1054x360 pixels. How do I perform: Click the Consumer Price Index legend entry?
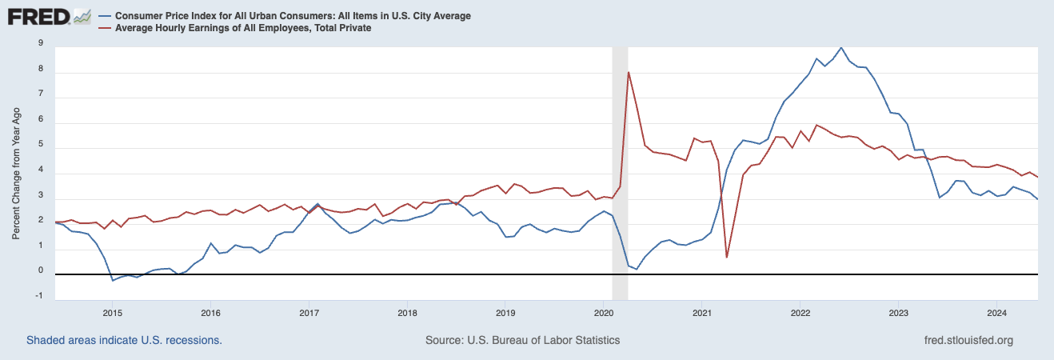point(293,16)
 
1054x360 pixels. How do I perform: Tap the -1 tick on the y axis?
point(39,296)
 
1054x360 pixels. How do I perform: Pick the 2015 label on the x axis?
point(112,312)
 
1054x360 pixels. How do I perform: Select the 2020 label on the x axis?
point(604,312)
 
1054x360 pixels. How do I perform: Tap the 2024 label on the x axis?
point(996,312)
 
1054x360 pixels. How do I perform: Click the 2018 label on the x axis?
point(407,312)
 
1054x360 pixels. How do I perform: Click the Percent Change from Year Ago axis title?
point(17,172)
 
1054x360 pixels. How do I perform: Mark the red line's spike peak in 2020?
point(629,73)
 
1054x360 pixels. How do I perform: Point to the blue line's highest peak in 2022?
point(840,47)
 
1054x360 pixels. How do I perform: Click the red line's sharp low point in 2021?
point(726,257)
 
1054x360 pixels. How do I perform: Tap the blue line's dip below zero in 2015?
point(113,280)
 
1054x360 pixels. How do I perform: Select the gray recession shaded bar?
point(618,160)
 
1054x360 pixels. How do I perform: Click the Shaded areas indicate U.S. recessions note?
point(124,340)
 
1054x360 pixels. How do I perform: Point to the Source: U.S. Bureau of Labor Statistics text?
point(522,340)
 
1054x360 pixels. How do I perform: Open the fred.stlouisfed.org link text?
point(968,340)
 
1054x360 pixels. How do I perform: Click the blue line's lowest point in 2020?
point(637,269)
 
